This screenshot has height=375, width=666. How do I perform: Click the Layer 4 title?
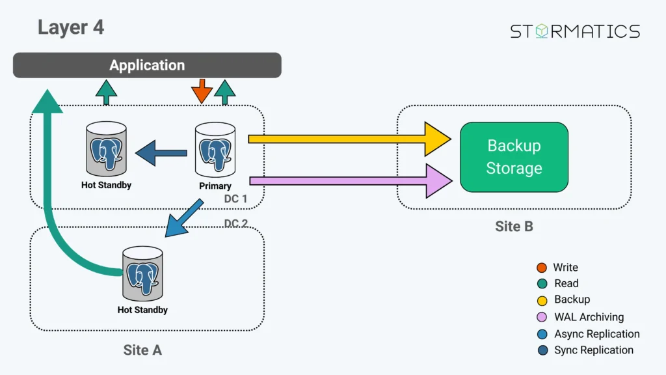pyautogui.click(x=70, y=27)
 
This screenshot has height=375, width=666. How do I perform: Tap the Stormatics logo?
pyautogui.click(x=574, y=31)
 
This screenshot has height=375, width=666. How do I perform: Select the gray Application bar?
pyautogui.click(x=147, y=65)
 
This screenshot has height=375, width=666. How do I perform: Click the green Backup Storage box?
pyautogui.click(x=514, y=157)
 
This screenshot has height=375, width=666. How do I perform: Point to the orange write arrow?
pyautogui.click(x=202, y=91)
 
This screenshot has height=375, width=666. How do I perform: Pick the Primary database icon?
pyautogui.click(x=215, y=152)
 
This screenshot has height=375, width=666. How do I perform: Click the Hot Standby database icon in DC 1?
pyautogui.click(x=106, y=151)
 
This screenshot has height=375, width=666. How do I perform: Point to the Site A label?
pyautogui.click(x=142, y=350)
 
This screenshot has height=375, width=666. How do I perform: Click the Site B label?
pyautogui.click(x=514, y=226)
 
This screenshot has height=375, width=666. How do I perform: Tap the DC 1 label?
pyautogui.click(x=235, y=199)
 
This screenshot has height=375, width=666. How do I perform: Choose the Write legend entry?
pyautogui.click(x=565, y=268)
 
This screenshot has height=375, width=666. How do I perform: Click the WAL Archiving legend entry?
pyautogui.click(x=588, y=317)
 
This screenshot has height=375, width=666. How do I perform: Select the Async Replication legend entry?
pyautogui.click(x=596, y=334)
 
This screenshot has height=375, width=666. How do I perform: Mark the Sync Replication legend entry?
pyautogui.click(x=593, y=350)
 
